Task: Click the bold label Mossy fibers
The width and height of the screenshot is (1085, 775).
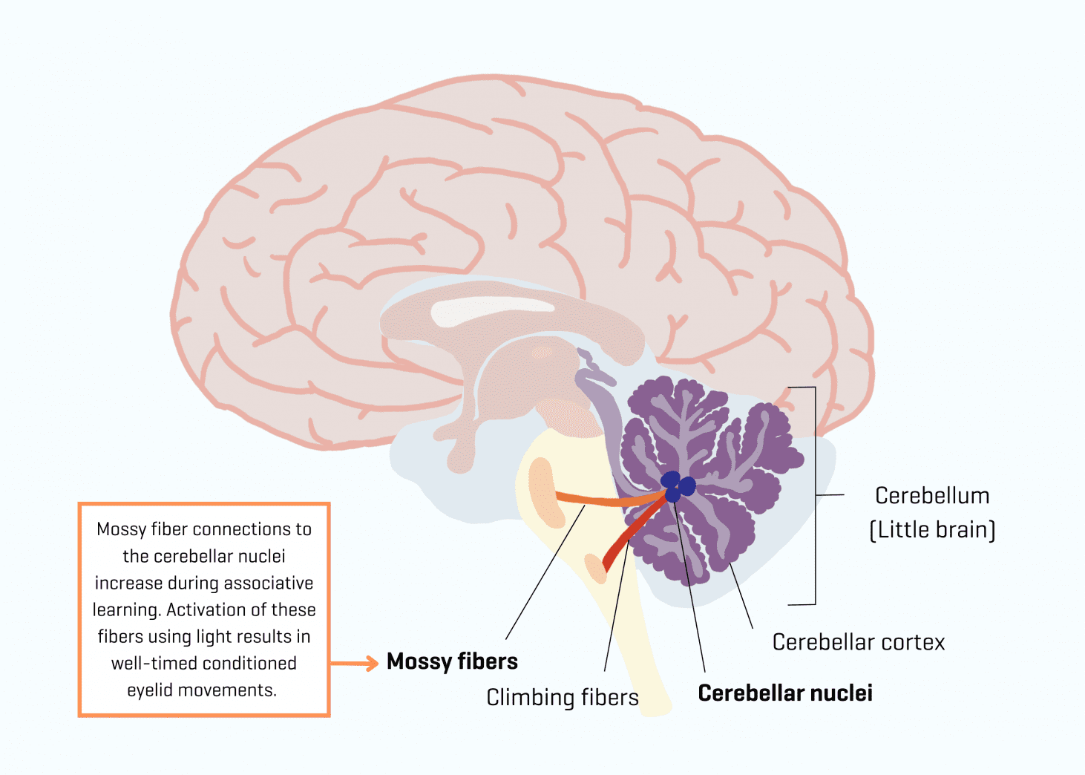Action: [x=452, y=661]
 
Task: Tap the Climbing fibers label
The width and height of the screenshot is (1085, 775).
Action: [x=562, y=698]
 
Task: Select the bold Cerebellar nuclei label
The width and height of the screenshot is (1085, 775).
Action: [x=785, y=693]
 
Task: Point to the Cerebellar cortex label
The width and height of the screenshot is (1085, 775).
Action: [x=858, y=642]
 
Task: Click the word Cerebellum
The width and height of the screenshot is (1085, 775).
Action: [x=932, y=496]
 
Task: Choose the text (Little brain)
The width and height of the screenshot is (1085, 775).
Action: [x=932, y=530]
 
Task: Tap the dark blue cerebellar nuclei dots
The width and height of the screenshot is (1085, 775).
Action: [x=678, y=485]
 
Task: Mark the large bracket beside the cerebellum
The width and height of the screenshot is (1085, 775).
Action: [x=815, y=495]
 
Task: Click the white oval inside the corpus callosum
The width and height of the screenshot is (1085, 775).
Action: [x=490, y=310]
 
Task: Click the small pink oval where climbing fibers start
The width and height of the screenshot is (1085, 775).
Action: [x=595, y=569]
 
